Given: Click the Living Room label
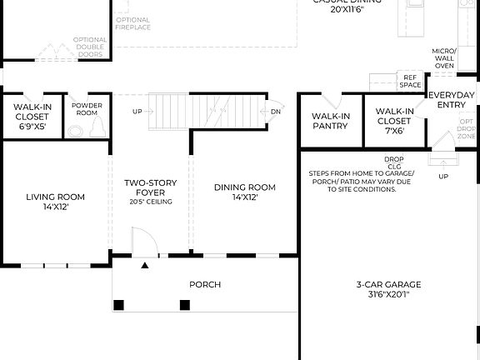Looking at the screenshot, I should pos(55,202).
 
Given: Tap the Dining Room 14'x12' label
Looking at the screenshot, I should pos(244,192).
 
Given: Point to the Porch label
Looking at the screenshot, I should pos(205,284).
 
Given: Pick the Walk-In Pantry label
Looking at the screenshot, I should pos(331,121).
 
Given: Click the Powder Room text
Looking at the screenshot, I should pos(87,109).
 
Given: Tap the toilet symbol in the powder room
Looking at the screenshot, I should pos(97,127).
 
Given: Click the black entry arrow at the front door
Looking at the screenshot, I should pos(145,266).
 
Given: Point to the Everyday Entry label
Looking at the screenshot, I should pos(452,100).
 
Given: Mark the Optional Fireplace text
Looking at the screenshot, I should pos(133,23).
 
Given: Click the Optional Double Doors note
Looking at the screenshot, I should pos(90,47).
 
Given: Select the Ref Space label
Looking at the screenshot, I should pos(410,81).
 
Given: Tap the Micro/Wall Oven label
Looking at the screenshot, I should pos(443,58).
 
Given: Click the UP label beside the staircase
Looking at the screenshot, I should pos(137,111).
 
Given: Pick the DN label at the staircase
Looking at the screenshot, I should pos(275,111).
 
